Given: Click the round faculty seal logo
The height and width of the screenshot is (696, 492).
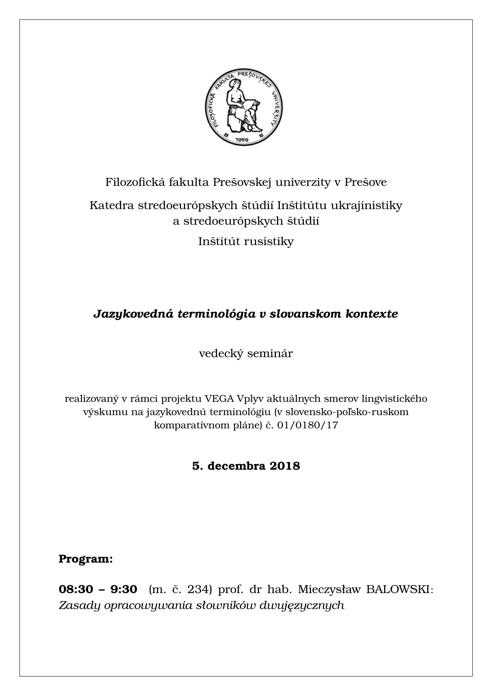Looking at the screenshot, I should (244, 107).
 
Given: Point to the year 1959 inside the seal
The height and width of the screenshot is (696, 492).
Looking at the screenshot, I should (242, 140).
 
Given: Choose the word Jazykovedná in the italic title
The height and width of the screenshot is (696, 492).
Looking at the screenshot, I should (133, 314).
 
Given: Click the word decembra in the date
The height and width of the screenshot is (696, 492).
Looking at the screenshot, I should (237, 466).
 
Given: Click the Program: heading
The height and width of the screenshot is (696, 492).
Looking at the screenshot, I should (86, 559).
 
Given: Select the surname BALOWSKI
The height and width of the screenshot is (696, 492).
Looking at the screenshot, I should (399, 589).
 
